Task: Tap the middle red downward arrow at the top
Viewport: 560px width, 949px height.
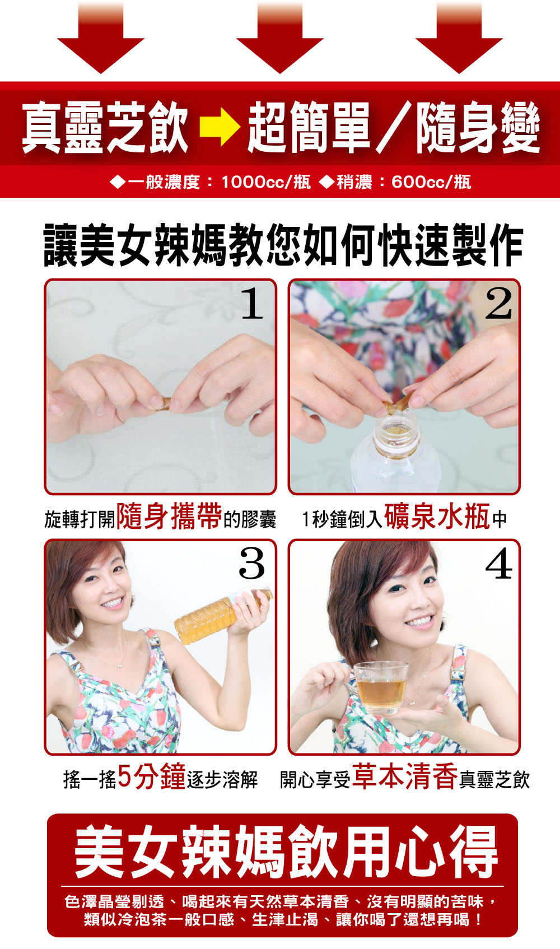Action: [280, 38]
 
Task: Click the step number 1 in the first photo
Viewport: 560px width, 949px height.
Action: [252, 303]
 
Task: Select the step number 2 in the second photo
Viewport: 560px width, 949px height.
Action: [498, 303]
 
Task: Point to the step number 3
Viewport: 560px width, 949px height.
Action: [251, 563]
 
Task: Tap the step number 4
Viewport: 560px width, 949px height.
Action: [498, 563]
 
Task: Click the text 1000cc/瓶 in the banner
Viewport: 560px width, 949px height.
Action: [266, 182]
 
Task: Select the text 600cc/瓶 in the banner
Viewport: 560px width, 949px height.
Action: [431, 182]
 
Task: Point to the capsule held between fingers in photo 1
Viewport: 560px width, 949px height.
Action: [164, 403]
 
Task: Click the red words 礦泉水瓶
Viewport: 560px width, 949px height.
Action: [437, 517]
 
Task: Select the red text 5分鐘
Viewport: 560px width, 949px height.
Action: [152, 776]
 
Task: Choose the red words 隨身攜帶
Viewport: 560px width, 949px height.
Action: [169, 517]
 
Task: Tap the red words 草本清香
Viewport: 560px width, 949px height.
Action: [405, 776]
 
